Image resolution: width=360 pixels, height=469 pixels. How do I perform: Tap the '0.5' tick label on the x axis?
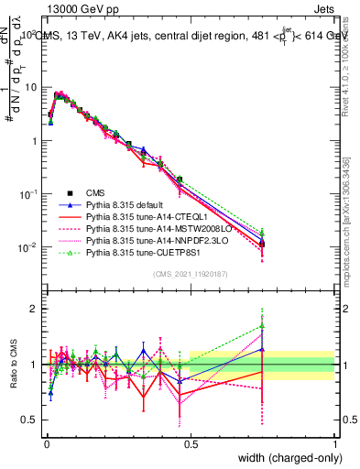click(191, 442)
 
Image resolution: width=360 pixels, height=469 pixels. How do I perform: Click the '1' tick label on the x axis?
click(334, 442)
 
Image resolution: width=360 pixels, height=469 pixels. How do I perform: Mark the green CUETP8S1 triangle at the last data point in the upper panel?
click(263, 234)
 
